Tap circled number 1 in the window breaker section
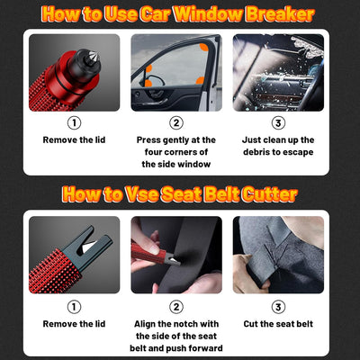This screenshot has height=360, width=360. pyautogui.click(x=74, y=123)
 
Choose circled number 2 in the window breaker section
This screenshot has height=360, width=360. pyautogui.click(x=175, y=123)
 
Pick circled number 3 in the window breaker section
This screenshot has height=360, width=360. pyautogui.click(x=278, y=123)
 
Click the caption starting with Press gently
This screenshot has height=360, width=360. pyautogui.click(x=175, y=151)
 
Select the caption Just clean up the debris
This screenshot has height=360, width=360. pyautogui.click(x=278, y=146)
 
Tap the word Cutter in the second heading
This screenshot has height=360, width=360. pyautogui.click(x=265, y=193)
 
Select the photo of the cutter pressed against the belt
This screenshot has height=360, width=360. pyautogui.click(x=175, y=255)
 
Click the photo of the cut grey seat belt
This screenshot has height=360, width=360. pyautogui.click(x=278, y=255)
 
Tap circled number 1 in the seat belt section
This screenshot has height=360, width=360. pyautogui.click(x=74, y=307)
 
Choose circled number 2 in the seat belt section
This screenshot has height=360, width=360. pyautogui.click(x=175, y=307)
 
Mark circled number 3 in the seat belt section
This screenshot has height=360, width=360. pyautogui.click(x=278, y=307)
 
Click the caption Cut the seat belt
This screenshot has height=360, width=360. pyautogui.click(x=278, y=323)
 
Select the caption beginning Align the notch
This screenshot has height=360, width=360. pyautogui.click(x=175, y=334)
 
